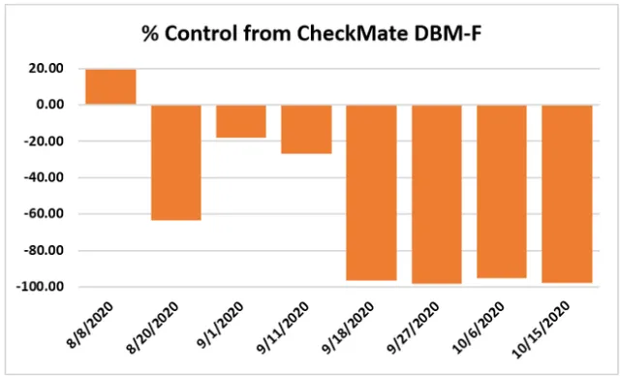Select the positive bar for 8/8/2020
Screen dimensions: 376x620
click(x=110, y=86)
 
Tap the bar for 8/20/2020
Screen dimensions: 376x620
click(x=175, y=162)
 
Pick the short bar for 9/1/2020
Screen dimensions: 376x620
click(x=240, y=121)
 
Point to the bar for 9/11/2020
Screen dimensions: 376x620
click(x=306, y=129)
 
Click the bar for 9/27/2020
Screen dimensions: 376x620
click(x=436, y=194)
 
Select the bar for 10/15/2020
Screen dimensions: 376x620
click(x=566, y=193)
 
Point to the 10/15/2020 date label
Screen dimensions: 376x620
click(x=559, y=329)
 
